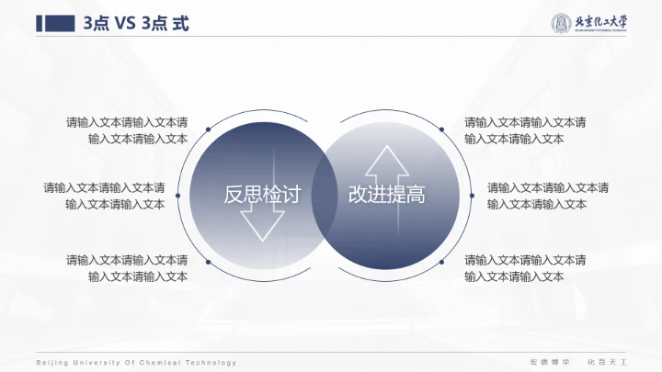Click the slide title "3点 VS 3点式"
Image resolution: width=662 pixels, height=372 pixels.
(x=136, y=25)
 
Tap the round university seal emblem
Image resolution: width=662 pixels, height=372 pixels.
(x=562, y=24)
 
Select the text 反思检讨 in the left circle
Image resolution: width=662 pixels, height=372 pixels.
(x=263, y=195)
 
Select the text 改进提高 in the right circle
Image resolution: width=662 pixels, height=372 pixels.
(x=387, y=195)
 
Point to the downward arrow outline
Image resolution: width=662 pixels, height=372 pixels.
(x=263, y=221)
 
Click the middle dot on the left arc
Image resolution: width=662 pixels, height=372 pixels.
(x=177, y=195)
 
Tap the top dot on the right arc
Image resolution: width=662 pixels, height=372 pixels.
(x=441, y=130)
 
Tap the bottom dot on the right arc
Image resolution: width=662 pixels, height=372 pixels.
(x=441, y=261)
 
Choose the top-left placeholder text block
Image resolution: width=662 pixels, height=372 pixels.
(x=127, y=130)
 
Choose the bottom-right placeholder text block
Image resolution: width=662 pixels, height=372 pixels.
(x=525, y=267)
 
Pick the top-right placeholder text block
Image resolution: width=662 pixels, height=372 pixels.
(x=525, y=130)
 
